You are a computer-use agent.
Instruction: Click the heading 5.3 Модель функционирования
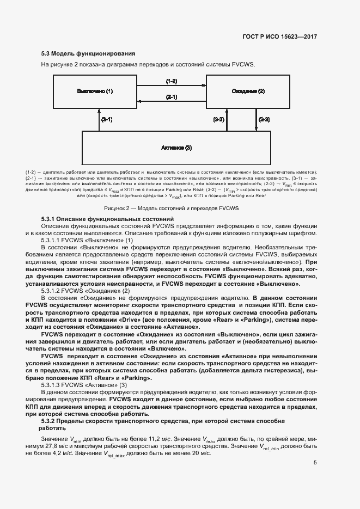(88, 54)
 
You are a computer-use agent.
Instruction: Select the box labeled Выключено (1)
(95, 91)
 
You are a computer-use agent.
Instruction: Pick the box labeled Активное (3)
(176, 147)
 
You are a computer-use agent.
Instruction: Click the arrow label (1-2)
(171, 81)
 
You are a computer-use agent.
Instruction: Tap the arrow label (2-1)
(171, 97)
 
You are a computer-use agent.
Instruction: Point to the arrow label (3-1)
(106, 119)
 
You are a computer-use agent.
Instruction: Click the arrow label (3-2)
(218, 119)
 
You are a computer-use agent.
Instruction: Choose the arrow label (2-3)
(264, 119)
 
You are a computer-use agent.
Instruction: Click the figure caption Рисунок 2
(172, 208)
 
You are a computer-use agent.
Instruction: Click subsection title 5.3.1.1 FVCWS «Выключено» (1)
(87, 240)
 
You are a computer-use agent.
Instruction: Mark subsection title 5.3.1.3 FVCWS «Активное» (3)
(84, 385)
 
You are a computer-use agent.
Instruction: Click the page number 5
(315, 463)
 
